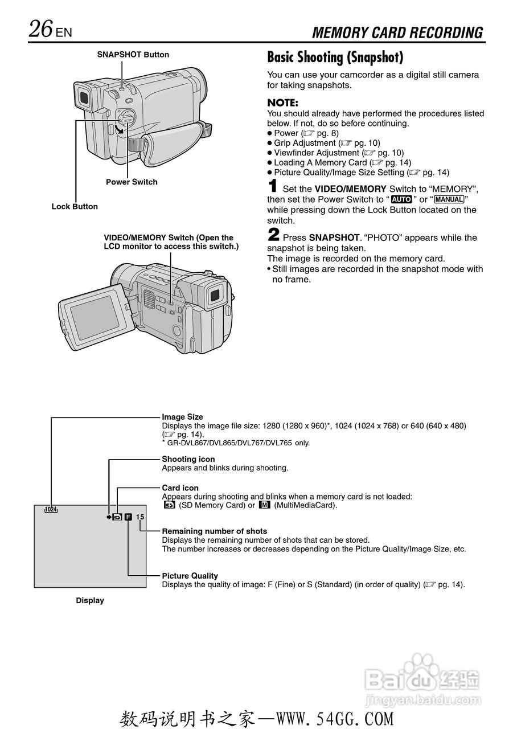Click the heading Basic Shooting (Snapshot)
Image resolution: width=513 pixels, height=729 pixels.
335,57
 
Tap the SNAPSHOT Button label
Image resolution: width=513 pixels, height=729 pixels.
133,55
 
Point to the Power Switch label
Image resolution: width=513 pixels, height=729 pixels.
132,182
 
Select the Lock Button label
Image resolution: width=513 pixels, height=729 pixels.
75,206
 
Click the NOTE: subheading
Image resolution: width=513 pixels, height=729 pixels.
282,103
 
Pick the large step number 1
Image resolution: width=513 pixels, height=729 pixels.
273,186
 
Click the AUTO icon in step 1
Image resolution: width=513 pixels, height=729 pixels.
401,199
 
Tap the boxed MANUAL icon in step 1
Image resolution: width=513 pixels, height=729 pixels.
449,199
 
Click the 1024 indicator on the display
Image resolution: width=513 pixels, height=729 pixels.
51,510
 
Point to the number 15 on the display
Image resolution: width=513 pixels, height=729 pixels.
141,517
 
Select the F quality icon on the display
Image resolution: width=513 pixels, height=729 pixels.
128,517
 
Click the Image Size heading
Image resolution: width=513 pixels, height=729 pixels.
182,417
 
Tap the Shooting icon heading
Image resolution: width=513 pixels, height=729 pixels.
188,459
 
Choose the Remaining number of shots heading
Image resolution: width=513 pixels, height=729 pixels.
214,531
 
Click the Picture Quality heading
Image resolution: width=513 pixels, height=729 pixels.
190,576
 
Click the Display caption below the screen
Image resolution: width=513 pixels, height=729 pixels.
90,600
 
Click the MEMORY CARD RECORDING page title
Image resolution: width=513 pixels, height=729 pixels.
397,32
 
